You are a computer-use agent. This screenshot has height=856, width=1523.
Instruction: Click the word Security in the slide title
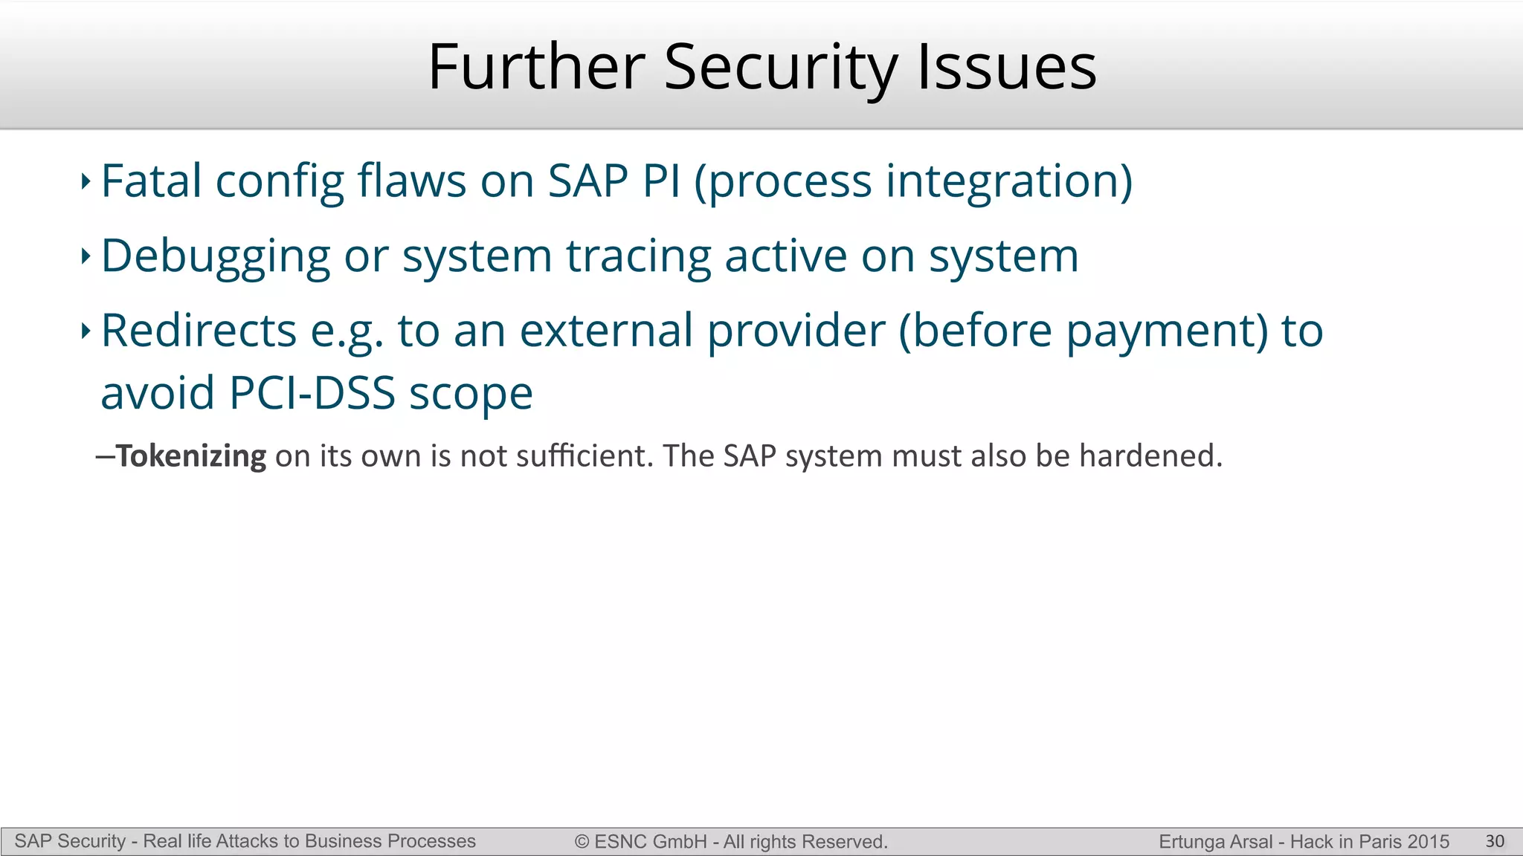coord(781,68)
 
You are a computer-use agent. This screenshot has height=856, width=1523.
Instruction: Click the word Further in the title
coord(536,68)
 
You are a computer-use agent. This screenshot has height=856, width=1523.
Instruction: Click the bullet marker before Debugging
coord(86,257)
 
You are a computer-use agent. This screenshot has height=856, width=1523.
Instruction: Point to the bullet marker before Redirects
coord(86,331)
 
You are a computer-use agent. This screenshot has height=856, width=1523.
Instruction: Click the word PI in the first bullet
coord(662,181)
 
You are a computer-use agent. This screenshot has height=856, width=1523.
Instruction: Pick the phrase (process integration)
coord(913,183)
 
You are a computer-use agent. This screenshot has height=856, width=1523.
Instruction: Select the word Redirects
coord(199,331)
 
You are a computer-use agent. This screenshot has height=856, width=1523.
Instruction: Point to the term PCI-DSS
coord(312,394)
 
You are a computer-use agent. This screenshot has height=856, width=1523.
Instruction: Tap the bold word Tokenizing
coord(191,456)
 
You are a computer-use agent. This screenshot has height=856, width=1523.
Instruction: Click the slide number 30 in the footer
coord(1495,841)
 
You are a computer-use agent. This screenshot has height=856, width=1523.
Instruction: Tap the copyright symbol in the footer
coord(582,842)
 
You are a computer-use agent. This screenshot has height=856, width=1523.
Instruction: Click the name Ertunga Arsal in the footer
coord(1215,842)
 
